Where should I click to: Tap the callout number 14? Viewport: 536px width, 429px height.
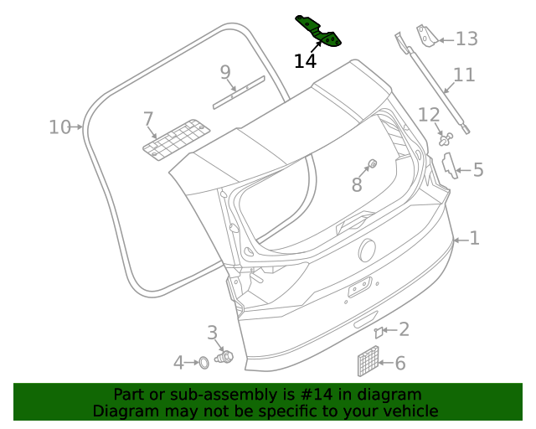pos(305,61)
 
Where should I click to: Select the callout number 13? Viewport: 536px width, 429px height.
pos(466,39)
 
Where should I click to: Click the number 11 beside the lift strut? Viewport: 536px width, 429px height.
pos(464,75)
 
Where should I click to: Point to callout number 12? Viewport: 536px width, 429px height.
pos(428,115)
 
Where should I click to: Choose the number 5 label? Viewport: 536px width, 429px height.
pos(478,170)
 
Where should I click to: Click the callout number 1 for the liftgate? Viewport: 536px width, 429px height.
pos(474,239)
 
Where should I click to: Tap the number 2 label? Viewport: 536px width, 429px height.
pos(404,329)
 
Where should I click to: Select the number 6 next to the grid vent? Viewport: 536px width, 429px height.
pos(399,363)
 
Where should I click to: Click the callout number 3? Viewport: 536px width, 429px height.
pos(212,333)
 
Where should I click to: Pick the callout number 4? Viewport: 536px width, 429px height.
pos(178,363)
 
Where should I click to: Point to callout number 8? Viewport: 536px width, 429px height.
pos(357,184)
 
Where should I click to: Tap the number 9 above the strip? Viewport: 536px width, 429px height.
pos(225,73)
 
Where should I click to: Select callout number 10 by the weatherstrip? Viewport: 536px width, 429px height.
pos(59,127)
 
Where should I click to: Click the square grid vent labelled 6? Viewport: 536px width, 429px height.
pos(368,362)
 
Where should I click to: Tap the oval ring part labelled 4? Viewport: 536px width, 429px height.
pos(202,363)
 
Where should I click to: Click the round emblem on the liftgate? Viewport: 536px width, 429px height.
pos(367,250)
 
